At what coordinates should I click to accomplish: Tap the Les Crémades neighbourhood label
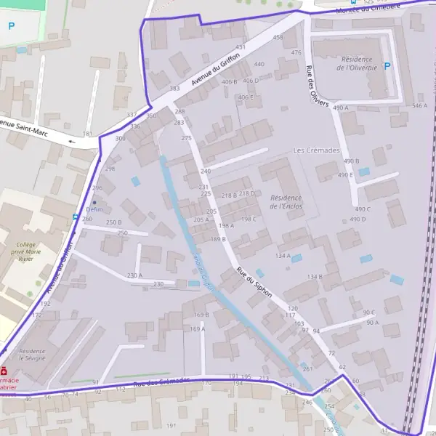pos(316,150)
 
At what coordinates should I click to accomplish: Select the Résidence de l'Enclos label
pos(286,201)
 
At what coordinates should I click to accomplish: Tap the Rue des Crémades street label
pos(161,381)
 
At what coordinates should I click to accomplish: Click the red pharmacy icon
pos(5,370)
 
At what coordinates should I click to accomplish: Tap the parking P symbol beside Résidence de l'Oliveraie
pos(387,66)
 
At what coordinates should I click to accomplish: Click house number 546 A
pos(419,106)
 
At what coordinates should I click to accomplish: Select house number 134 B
pos(314,277)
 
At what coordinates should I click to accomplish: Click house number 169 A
pos(197,329)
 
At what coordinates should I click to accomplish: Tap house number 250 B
pos(114,222)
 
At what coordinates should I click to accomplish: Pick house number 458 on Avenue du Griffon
pos(278,37)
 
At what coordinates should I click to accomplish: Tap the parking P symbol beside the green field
pos(11,26)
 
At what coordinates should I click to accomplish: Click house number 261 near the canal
pos(307,369)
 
